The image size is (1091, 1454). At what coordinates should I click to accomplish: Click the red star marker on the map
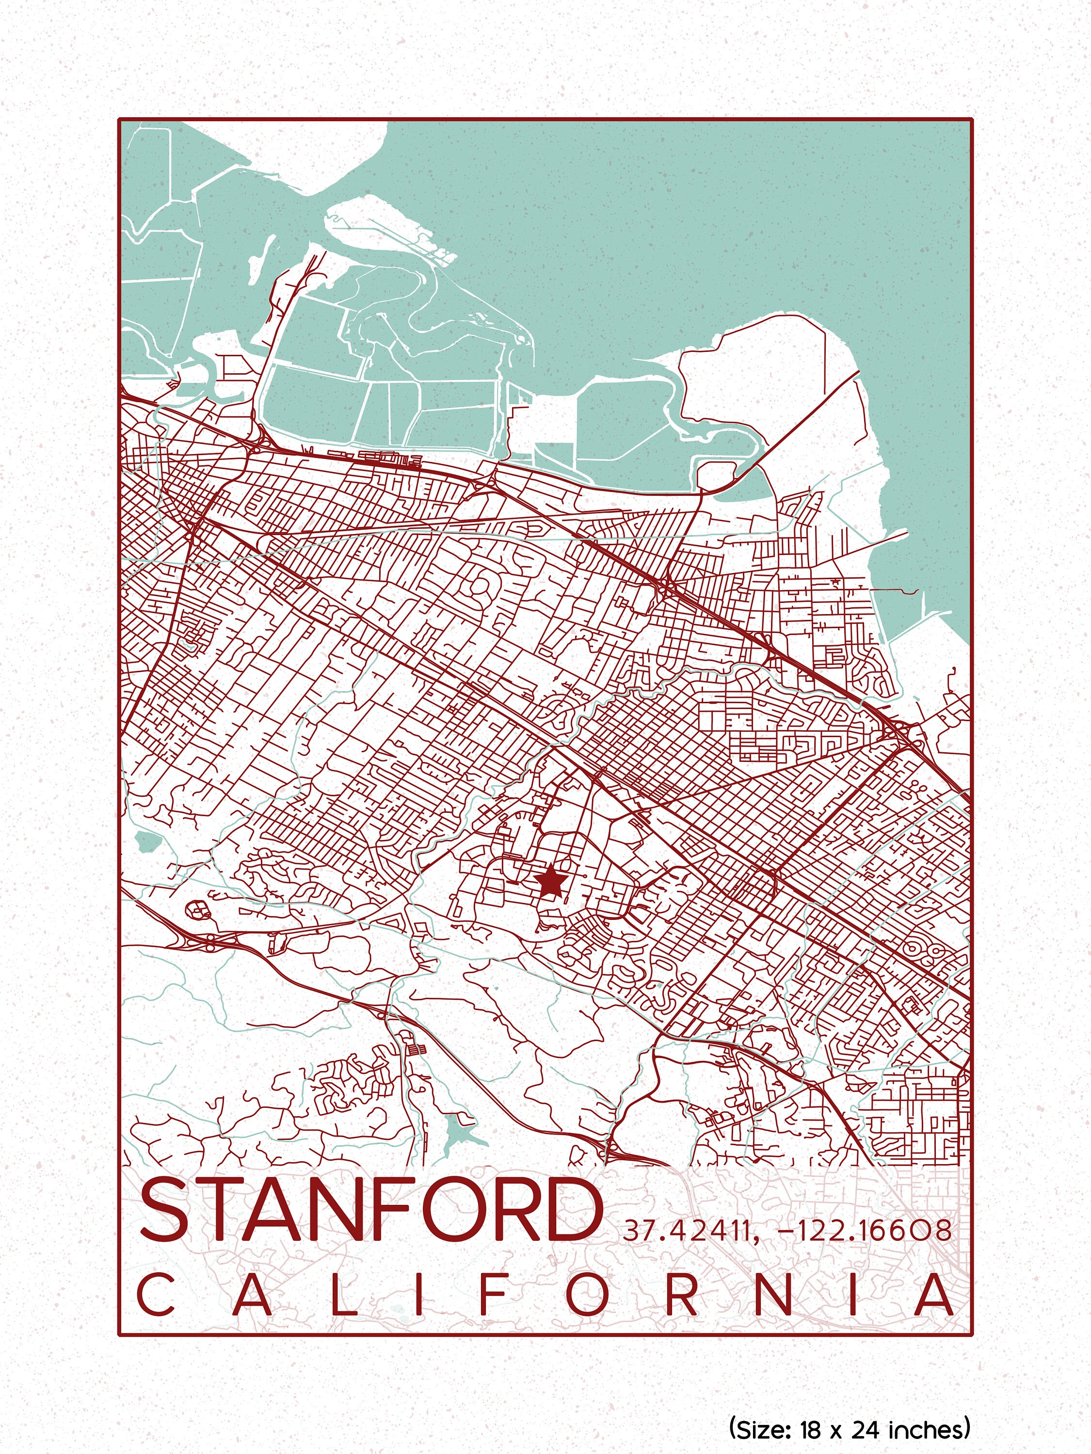[x=550, y=882]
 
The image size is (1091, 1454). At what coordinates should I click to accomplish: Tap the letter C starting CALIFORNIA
[x=155, y=1296]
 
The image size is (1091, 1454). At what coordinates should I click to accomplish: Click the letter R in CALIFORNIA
[x=683, y=1296]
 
